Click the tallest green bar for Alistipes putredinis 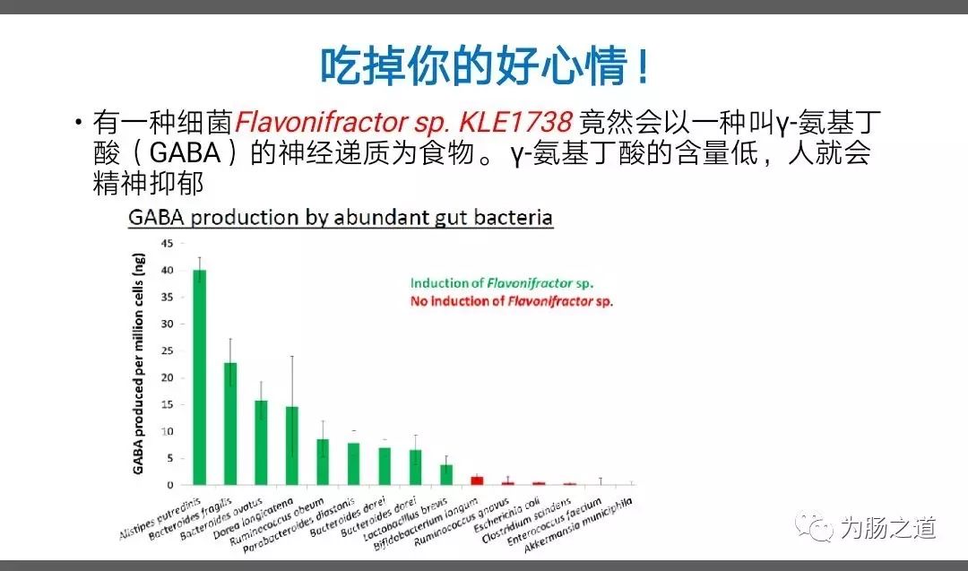tap(199, 377)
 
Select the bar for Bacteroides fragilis tap(230, 423)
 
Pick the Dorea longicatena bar tap(292, 446)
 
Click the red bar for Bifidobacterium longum tap(477, 480)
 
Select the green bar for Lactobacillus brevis tap(446, 475)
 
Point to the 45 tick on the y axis tap(168, 243)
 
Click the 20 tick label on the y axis tap(168, 377)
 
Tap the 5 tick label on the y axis tap(169, 458)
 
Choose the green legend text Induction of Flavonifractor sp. tap(502, 283)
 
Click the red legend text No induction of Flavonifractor tap(512, 301)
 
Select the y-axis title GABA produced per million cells tap(138, 364)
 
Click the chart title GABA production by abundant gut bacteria tap(341, 217)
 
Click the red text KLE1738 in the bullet tap(515, 122)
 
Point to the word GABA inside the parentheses tap(185, 152)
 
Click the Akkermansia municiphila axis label tap(578, 525)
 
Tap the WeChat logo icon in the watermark tap(814, 526)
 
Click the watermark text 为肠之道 tap(888, 528)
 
